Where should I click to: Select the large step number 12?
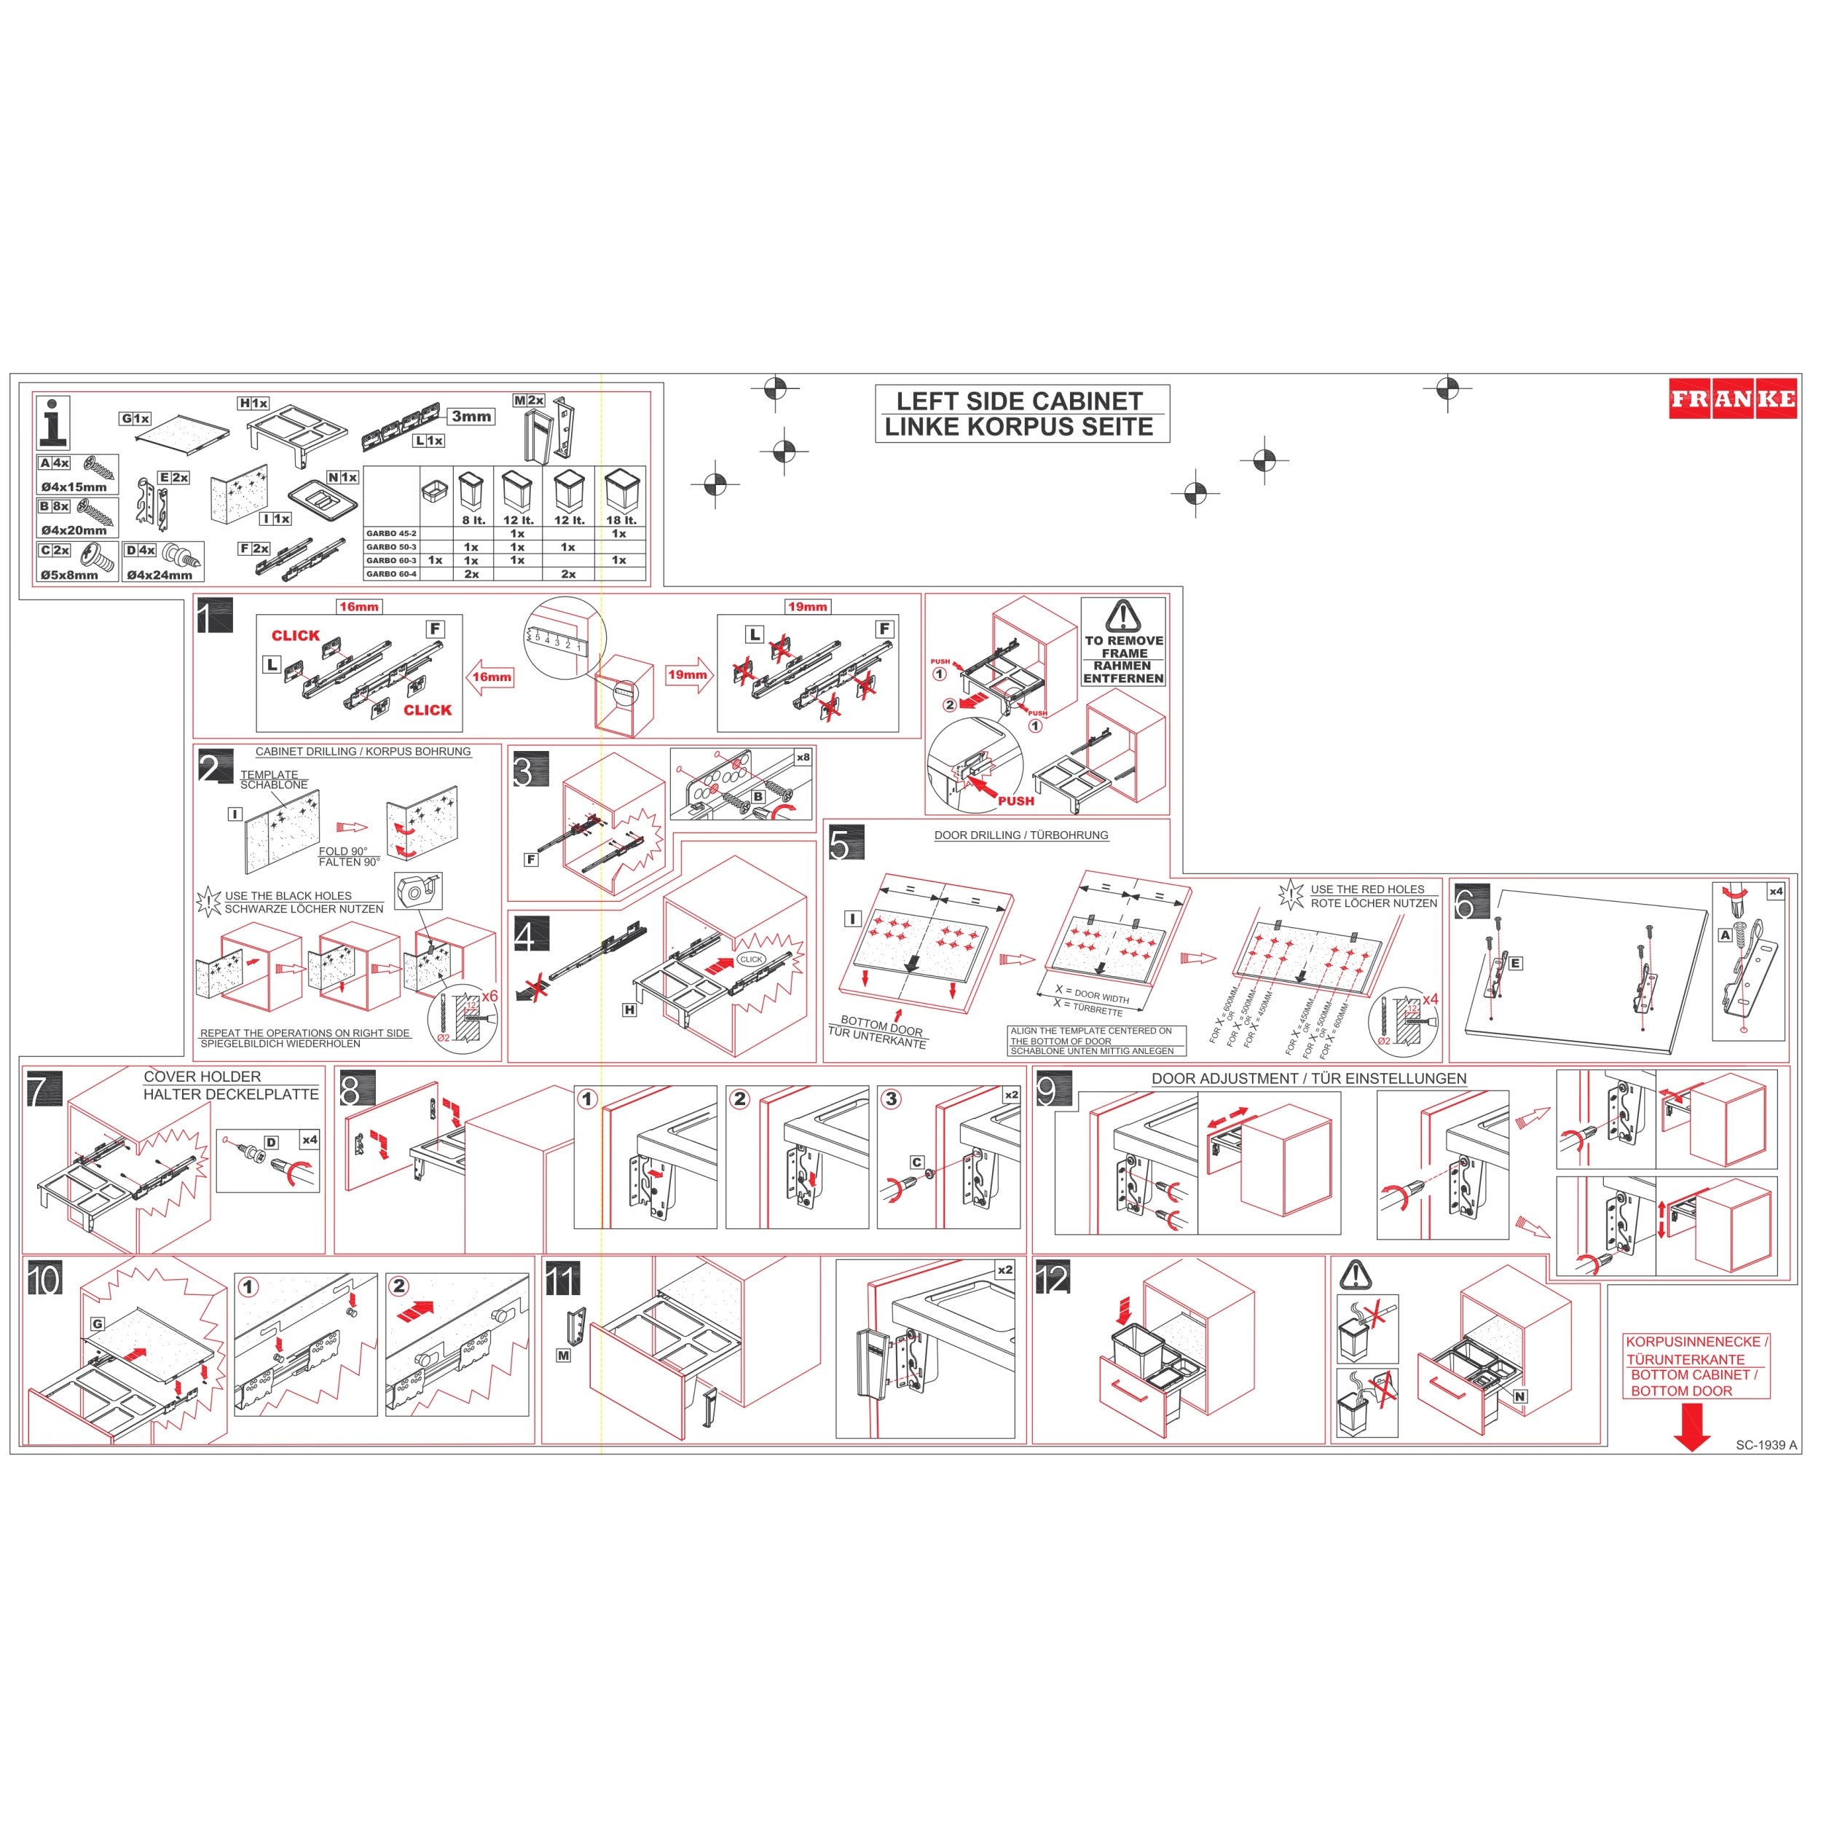point(1052,1279)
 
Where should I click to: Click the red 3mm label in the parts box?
point(471,417)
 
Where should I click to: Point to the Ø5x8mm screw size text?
point(68,575)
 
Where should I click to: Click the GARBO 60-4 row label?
point(391,574)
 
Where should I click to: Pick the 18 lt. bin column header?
point(621,520)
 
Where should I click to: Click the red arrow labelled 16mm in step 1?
point(490,677)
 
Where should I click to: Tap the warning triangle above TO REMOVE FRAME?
point(1122,615)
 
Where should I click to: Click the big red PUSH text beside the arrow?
point(1016,801)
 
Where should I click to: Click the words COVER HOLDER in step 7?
point(202,1077)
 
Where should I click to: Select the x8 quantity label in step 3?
point(803,757)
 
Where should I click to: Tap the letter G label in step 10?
point(97,1324)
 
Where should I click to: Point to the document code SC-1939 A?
point(1766,1445)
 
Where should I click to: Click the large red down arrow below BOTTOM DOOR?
point(1693,1426)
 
